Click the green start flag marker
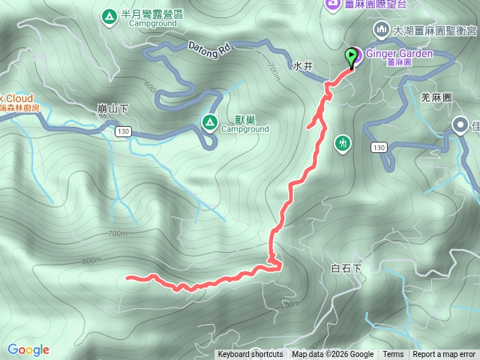(x=351, y=56)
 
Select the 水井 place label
(x=302, y=66)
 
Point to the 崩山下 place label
(x=113, y=108)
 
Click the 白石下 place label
(x=346, y=268)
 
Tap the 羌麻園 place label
(x=435, y=97)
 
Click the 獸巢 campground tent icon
(x=211, y=123)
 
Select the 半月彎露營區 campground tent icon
(x=109, y=15)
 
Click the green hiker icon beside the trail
(x=343, y=142)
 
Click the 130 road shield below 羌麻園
(x=379, y=148)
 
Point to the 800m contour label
(x=91, y=260)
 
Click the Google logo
(x=28, y=349)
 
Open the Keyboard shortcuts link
(x=250, y=355)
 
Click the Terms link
(x=393, y=355)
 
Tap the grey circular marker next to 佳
(x=460, y=126)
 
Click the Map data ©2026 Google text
(x=333, y=355)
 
